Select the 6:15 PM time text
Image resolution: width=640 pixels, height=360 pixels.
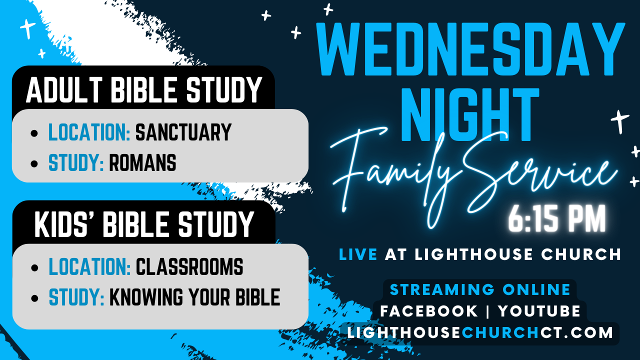point(557,219)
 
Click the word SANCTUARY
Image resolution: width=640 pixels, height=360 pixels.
point(183,132)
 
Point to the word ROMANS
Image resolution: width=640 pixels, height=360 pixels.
point(142,163)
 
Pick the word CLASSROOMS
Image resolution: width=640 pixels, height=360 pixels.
point(189,267)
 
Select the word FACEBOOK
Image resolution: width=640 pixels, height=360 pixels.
point(429,311)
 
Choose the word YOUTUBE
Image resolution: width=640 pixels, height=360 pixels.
point(539,311)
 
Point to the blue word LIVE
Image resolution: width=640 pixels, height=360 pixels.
point(358,254)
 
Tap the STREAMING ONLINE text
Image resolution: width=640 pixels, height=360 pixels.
point(480,289)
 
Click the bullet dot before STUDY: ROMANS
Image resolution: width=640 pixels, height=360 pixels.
point(34,163)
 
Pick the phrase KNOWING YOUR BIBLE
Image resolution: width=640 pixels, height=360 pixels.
point(194,297)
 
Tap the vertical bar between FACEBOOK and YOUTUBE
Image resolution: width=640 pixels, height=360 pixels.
point(488,311)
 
